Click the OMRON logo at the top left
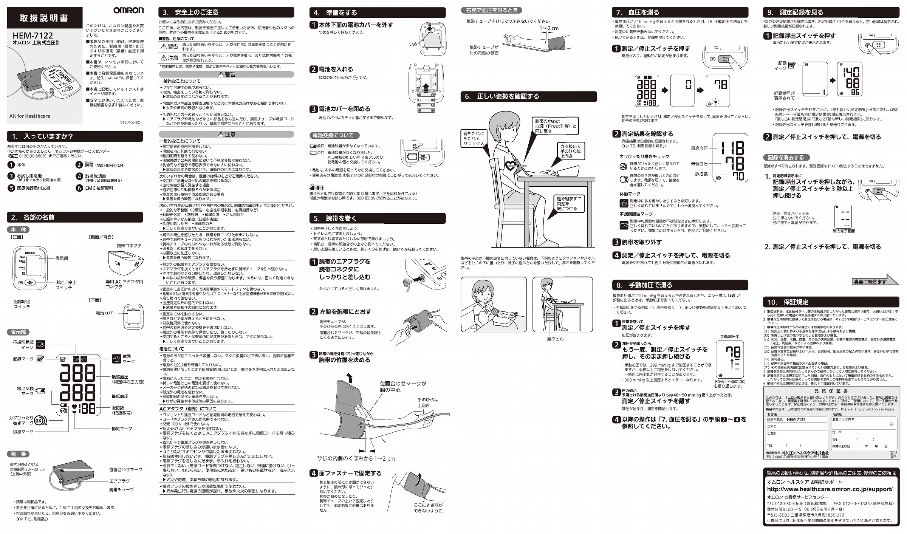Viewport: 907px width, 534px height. click(128, 10)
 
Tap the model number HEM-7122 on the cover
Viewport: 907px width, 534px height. click(33, 36)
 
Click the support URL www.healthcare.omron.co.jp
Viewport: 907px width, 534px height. click(830, 489)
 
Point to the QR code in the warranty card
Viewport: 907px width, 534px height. click(894, 455)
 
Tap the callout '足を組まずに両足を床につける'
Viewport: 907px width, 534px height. click(569, 203)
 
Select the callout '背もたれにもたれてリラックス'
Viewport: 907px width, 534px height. click(474, 138)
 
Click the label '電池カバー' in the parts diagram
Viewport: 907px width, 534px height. click(106, 313)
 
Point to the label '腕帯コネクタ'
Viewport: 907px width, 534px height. click(129, 246)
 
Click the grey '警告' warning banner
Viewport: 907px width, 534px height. click(226, 74)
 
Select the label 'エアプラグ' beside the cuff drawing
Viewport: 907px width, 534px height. click(119, 481)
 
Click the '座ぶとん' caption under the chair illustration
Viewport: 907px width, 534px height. click(555, 339)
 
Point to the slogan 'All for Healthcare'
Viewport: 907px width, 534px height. click(30, 116)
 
